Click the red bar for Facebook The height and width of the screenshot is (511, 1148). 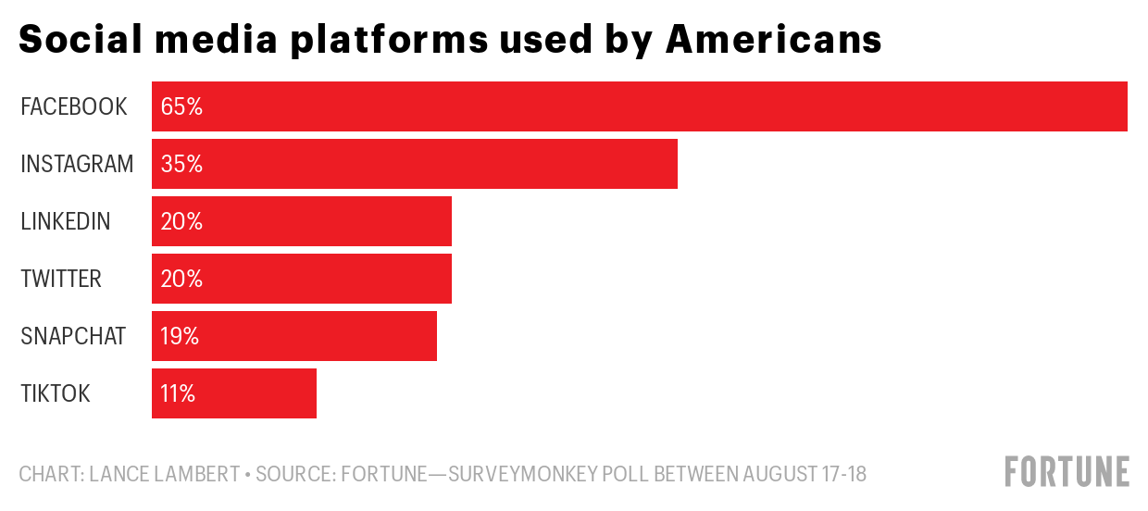tap(639, 106)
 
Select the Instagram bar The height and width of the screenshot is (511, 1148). tap(415, 164)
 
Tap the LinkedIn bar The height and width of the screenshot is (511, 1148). tap(302, 221)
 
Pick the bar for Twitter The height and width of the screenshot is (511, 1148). tap(302, 279)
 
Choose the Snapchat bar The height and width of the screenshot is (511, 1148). tap(294, 336)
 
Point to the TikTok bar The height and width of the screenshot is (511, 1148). tap(234, 393)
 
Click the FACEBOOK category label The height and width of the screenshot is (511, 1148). tap(74, 106)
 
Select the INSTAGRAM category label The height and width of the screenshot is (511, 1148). tap(77, 164)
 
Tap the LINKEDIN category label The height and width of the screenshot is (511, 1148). tap(66, 221)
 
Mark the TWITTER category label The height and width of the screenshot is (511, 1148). tap(61, 279)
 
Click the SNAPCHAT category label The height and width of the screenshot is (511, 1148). tap(73, 336)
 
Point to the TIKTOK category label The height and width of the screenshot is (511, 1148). tap(56, 393)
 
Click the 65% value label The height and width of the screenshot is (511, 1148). tap(181, 106)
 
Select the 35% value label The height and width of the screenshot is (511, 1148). tap(181, 164)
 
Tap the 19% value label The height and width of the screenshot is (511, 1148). tap(180, 336)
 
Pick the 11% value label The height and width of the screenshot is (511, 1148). tap(178, 393)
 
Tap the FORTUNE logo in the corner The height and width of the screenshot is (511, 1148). tap(1067, 471)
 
